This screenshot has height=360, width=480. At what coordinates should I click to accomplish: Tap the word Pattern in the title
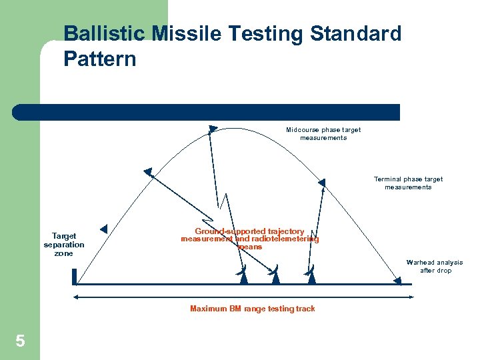click(x=100, y=59)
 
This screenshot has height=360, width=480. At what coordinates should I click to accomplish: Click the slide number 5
click(x=20, y=342)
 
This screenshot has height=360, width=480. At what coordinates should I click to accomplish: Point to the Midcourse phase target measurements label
click(x=323, y=133)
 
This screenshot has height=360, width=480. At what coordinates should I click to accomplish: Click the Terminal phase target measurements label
click(x=408, y=183)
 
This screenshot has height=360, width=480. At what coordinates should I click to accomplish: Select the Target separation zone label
click(x=64, y=244)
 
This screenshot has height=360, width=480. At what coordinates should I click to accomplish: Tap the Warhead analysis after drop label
click(x=435, y=266)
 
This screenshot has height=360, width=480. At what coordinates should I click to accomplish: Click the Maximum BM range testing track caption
click(x=252, y=308)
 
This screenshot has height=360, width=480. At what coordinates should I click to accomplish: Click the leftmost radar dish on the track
click(x=243, y=275)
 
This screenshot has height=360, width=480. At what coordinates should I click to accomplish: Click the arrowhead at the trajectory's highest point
click(x=212, y=128)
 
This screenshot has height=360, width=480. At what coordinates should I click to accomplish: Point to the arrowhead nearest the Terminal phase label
click(x=321, y=183)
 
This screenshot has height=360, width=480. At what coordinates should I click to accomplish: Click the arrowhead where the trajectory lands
click(x=397, y=281)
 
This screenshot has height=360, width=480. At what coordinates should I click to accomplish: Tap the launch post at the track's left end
click(x=75, y=276)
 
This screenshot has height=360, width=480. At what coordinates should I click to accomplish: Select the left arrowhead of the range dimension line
click(x=76, y=297)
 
